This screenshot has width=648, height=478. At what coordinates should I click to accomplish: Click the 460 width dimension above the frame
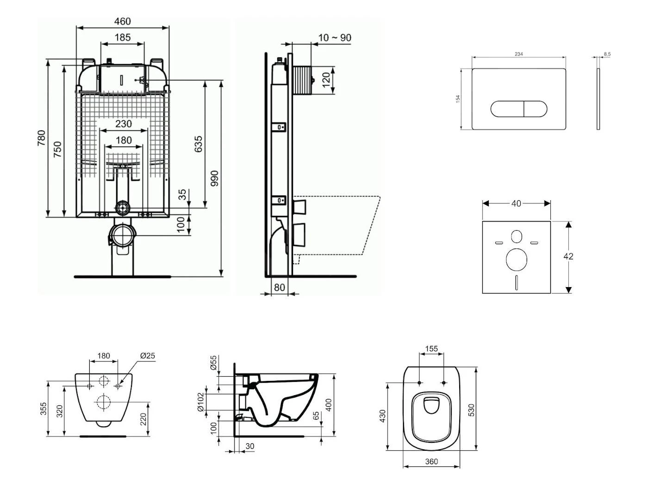click(x=122, y=21)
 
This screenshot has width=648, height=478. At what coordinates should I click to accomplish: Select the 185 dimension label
click(x=122, y=37)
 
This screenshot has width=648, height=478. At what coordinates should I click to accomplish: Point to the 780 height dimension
click(x=42, y=138)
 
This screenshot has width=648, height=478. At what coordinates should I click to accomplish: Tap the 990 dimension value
click(x=214, y=178)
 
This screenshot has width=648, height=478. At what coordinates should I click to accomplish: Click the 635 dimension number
click(x=198, y=144)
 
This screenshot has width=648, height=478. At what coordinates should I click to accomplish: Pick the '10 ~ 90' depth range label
click(x=335, y=37)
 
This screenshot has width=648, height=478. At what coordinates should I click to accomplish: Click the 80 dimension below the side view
click(x=279, y=288)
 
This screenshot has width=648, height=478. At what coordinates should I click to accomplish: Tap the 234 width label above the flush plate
click(x=518, y=54)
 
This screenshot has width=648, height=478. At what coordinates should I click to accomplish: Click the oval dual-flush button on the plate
click(x=518, y=109)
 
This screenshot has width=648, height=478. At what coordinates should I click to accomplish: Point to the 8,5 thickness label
click(x=607, y=54)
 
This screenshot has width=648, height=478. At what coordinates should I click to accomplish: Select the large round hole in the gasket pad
click(x=516, y=259)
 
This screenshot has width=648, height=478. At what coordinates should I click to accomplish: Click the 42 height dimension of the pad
click(x=568, y=256)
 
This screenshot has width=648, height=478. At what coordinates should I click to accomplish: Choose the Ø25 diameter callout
click(x=147, y=355)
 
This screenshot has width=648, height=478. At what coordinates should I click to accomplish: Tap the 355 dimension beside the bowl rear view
click(x=43, y=409)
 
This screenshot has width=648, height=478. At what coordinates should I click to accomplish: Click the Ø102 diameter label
click(x=200, y=402)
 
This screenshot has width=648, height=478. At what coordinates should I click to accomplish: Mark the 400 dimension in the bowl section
click(x=329, y=405)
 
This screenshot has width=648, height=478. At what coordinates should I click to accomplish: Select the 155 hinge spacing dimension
click(x=431, y=349)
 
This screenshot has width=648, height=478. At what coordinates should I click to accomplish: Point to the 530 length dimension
click(x=471, y=409)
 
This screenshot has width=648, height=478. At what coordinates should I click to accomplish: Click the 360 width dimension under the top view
click(x=431, y=461)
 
